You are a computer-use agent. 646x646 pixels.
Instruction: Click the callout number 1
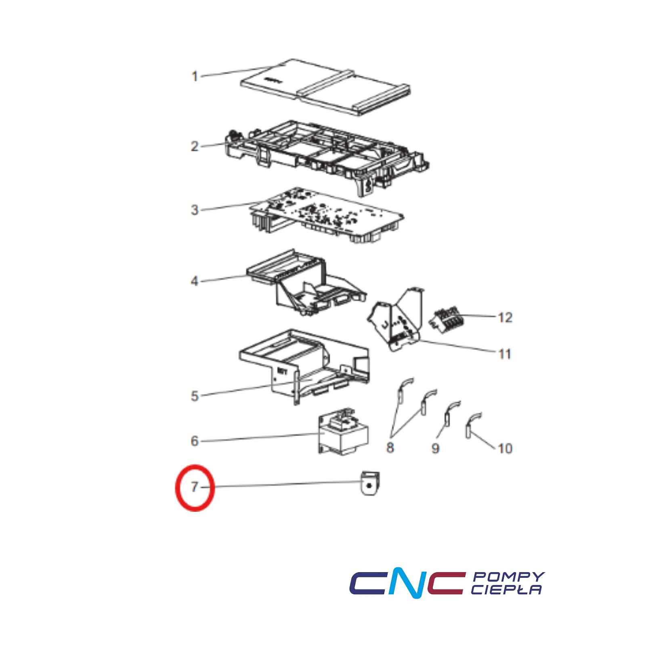195,76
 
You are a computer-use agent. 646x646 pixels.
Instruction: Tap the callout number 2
195,146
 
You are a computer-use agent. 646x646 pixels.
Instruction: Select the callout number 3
195,210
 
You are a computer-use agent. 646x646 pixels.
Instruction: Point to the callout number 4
195,281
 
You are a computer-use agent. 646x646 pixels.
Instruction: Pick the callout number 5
195,396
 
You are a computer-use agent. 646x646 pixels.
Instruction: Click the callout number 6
195,441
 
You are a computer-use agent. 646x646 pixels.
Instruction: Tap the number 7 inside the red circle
195,487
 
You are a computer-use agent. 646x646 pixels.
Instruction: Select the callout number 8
390,447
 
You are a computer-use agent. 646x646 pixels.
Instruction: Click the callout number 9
435,448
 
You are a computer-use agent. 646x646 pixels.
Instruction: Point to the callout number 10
505,448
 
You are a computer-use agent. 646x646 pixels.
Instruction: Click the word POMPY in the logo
508,577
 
